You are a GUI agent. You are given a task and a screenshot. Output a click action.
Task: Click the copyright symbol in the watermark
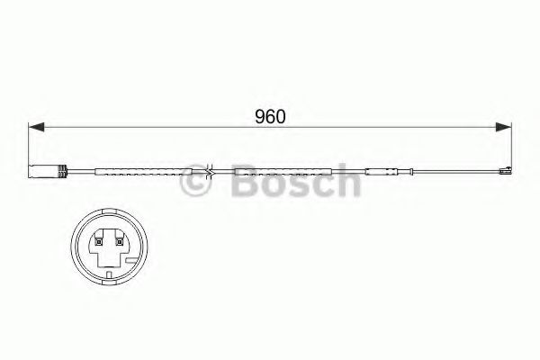[x=194, y=184]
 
